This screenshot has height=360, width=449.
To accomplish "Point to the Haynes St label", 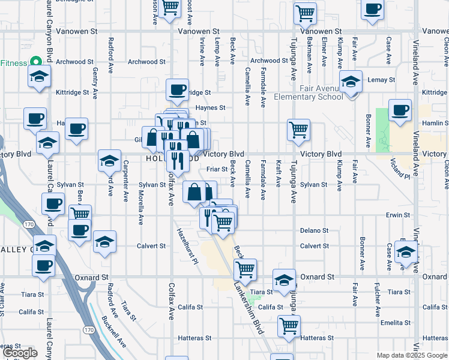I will (x=213, y=108).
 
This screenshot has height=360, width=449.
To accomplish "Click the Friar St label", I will (x=217, y=170).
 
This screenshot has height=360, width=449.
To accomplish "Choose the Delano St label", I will (x=315, y=230).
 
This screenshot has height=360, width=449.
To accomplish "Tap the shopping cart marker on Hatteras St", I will (x=289, y=326).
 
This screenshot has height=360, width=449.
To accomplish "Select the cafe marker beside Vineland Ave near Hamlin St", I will (x=400, y=110).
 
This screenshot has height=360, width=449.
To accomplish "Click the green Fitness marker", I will (x=35, y=62).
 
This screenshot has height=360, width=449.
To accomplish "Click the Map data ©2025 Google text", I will (x=411, y=355).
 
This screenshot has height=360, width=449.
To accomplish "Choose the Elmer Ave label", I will (x=324, y=52).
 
